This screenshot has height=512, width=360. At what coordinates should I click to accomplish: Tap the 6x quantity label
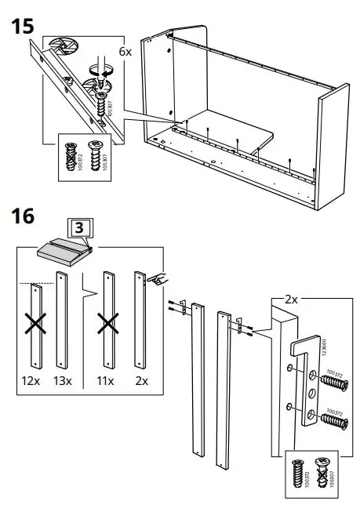125,50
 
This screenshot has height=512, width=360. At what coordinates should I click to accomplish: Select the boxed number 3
81,228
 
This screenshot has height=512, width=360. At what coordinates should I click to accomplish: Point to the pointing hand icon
162,278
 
